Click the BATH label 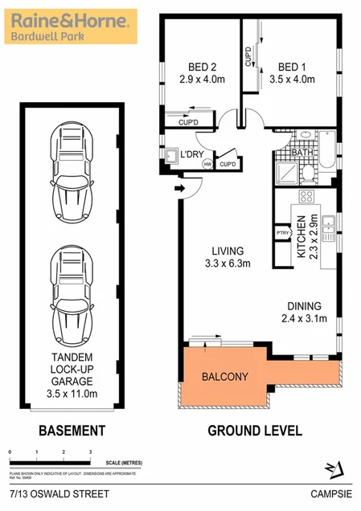click(x=302, y=152)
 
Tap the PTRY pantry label click(x=282, y=233)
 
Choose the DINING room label click(x=305, y=306)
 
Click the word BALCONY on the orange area click(x=225, y=376)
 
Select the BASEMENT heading click(x=72, y=431)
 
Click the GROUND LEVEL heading click(x=255, y=431)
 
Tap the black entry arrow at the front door click(x=181, y=190)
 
